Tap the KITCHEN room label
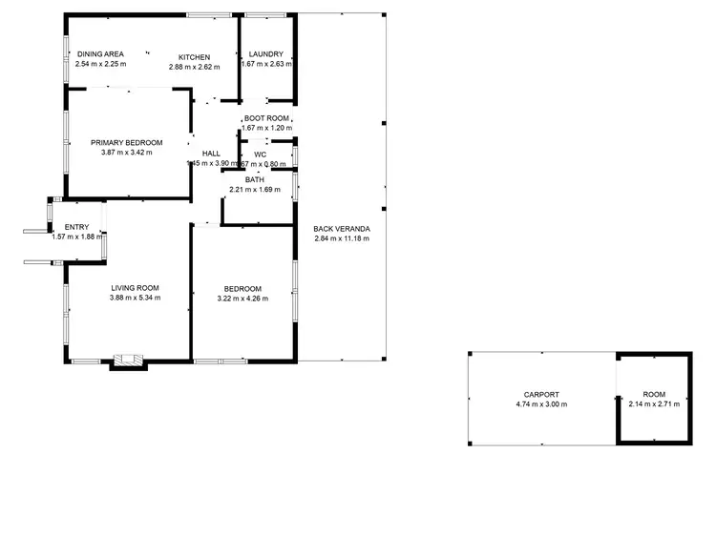coord(195,56)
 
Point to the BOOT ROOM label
coord(266,118)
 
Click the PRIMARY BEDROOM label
coord(127,142)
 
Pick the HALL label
coord(211,153)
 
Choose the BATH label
coord(254,179)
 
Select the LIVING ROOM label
coord(135,287)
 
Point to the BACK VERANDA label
coord(342,229)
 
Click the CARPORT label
coord(541,394)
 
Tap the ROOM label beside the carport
coord(654,394)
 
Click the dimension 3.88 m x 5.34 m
coord(135,298)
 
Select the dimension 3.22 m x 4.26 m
coord(242,299)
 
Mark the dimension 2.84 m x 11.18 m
coord(342,238)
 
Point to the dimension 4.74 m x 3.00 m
coord(541,404)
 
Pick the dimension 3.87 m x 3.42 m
coord(127,152)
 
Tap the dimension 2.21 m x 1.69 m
coord(254,189)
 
